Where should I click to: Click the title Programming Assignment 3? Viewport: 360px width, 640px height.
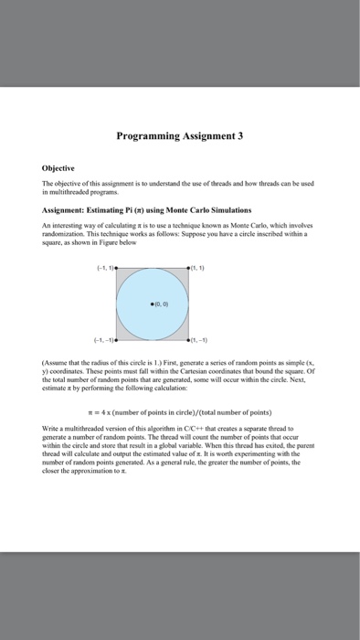(x=179, y=136)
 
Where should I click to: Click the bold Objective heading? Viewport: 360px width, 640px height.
(x=59, y=170)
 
